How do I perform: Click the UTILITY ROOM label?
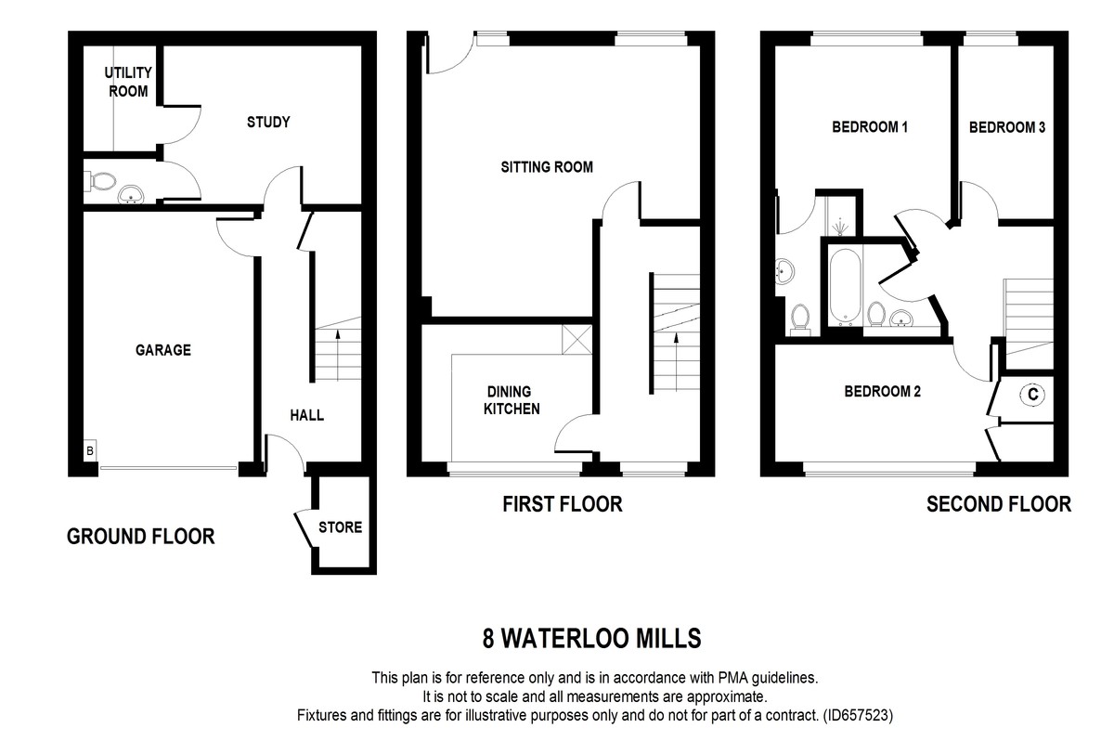[x=128, y=82]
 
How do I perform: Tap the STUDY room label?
[x=268, y=122]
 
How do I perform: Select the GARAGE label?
[x=162, y=350]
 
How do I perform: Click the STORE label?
[x=340, y=527]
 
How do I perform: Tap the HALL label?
[x=307, y=415]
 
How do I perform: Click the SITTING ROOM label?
[x=547, y=167]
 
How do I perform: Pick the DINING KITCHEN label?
[x=511, y=400]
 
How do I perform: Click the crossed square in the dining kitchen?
[x=576, y=340]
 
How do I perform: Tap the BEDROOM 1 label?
[x=869, y=127]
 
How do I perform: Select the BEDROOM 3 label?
[x=1007, y=127]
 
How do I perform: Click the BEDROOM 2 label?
[x=882, y=392]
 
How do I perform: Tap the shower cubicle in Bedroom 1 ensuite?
[x=840, y=216]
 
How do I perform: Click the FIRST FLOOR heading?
[x=562, y=504]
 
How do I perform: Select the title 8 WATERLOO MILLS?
[x=591, y=639]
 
